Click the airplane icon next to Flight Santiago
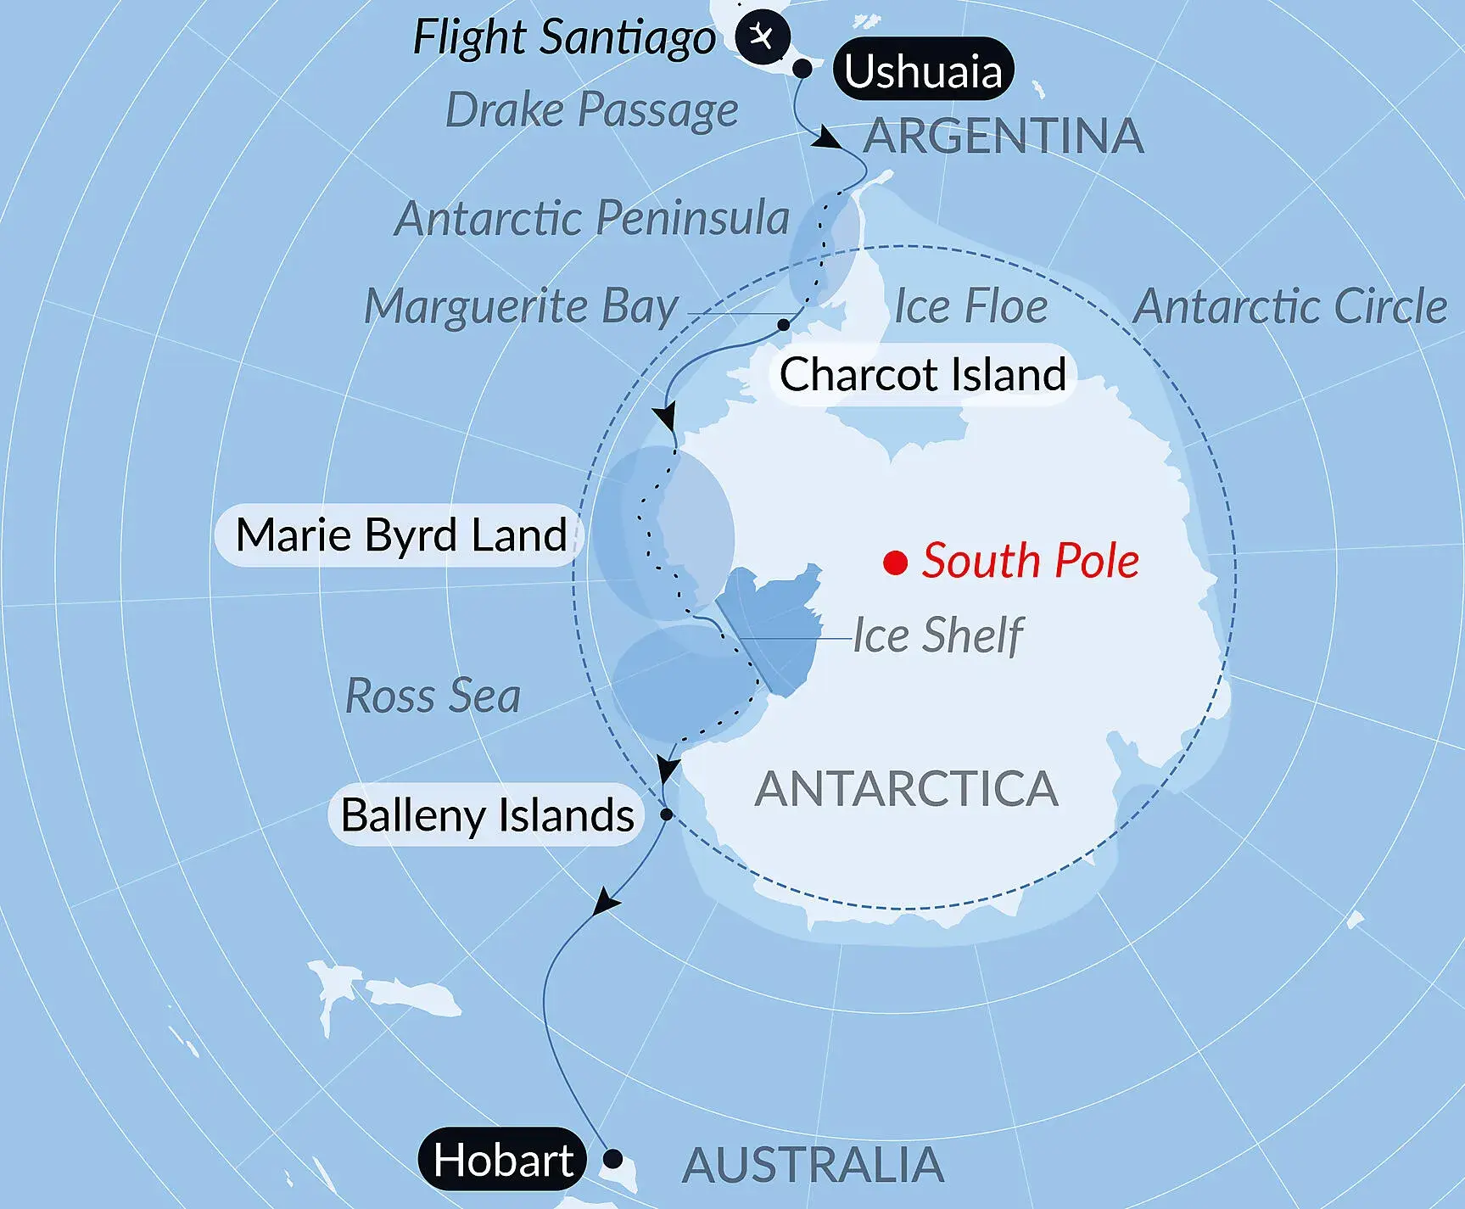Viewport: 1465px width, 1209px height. (763, 37)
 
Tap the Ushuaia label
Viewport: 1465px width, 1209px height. (923, 70)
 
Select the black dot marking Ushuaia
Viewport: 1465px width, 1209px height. (802, 70)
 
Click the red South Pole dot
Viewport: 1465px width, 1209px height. (896, 563)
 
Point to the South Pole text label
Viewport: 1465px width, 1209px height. (1031, 561)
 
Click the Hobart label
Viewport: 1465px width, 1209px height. (503, 1159)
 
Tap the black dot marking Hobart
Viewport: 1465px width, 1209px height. (612, 1159)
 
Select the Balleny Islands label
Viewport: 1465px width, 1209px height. (487, 815)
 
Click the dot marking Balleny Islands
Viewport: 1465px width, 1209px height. (667, 814)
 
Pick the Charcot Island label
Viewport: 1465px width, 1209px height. (923, 374)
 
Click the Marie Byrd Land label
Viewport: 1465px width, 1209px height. (400, 535)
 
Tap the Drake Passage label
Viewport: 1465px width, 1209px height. (591, 110)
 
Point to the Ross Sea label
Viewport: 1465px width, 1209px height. (433, 696)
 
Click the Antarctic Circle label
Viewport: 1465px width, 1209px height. (1290, 306)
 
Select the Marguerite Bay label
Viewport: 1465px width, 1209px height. (521, 306)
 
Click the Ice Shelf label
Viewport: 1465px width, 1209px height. (938, 635)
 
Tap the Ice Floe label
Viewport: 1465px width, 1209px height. (971, 306)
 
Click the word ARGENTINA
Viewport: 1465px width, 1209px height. (1004, 136)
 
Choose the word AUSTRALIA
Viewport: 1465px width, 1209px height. (813, 1165)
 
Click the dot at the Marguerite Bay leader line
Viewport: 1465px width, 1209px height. (784, 325)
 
